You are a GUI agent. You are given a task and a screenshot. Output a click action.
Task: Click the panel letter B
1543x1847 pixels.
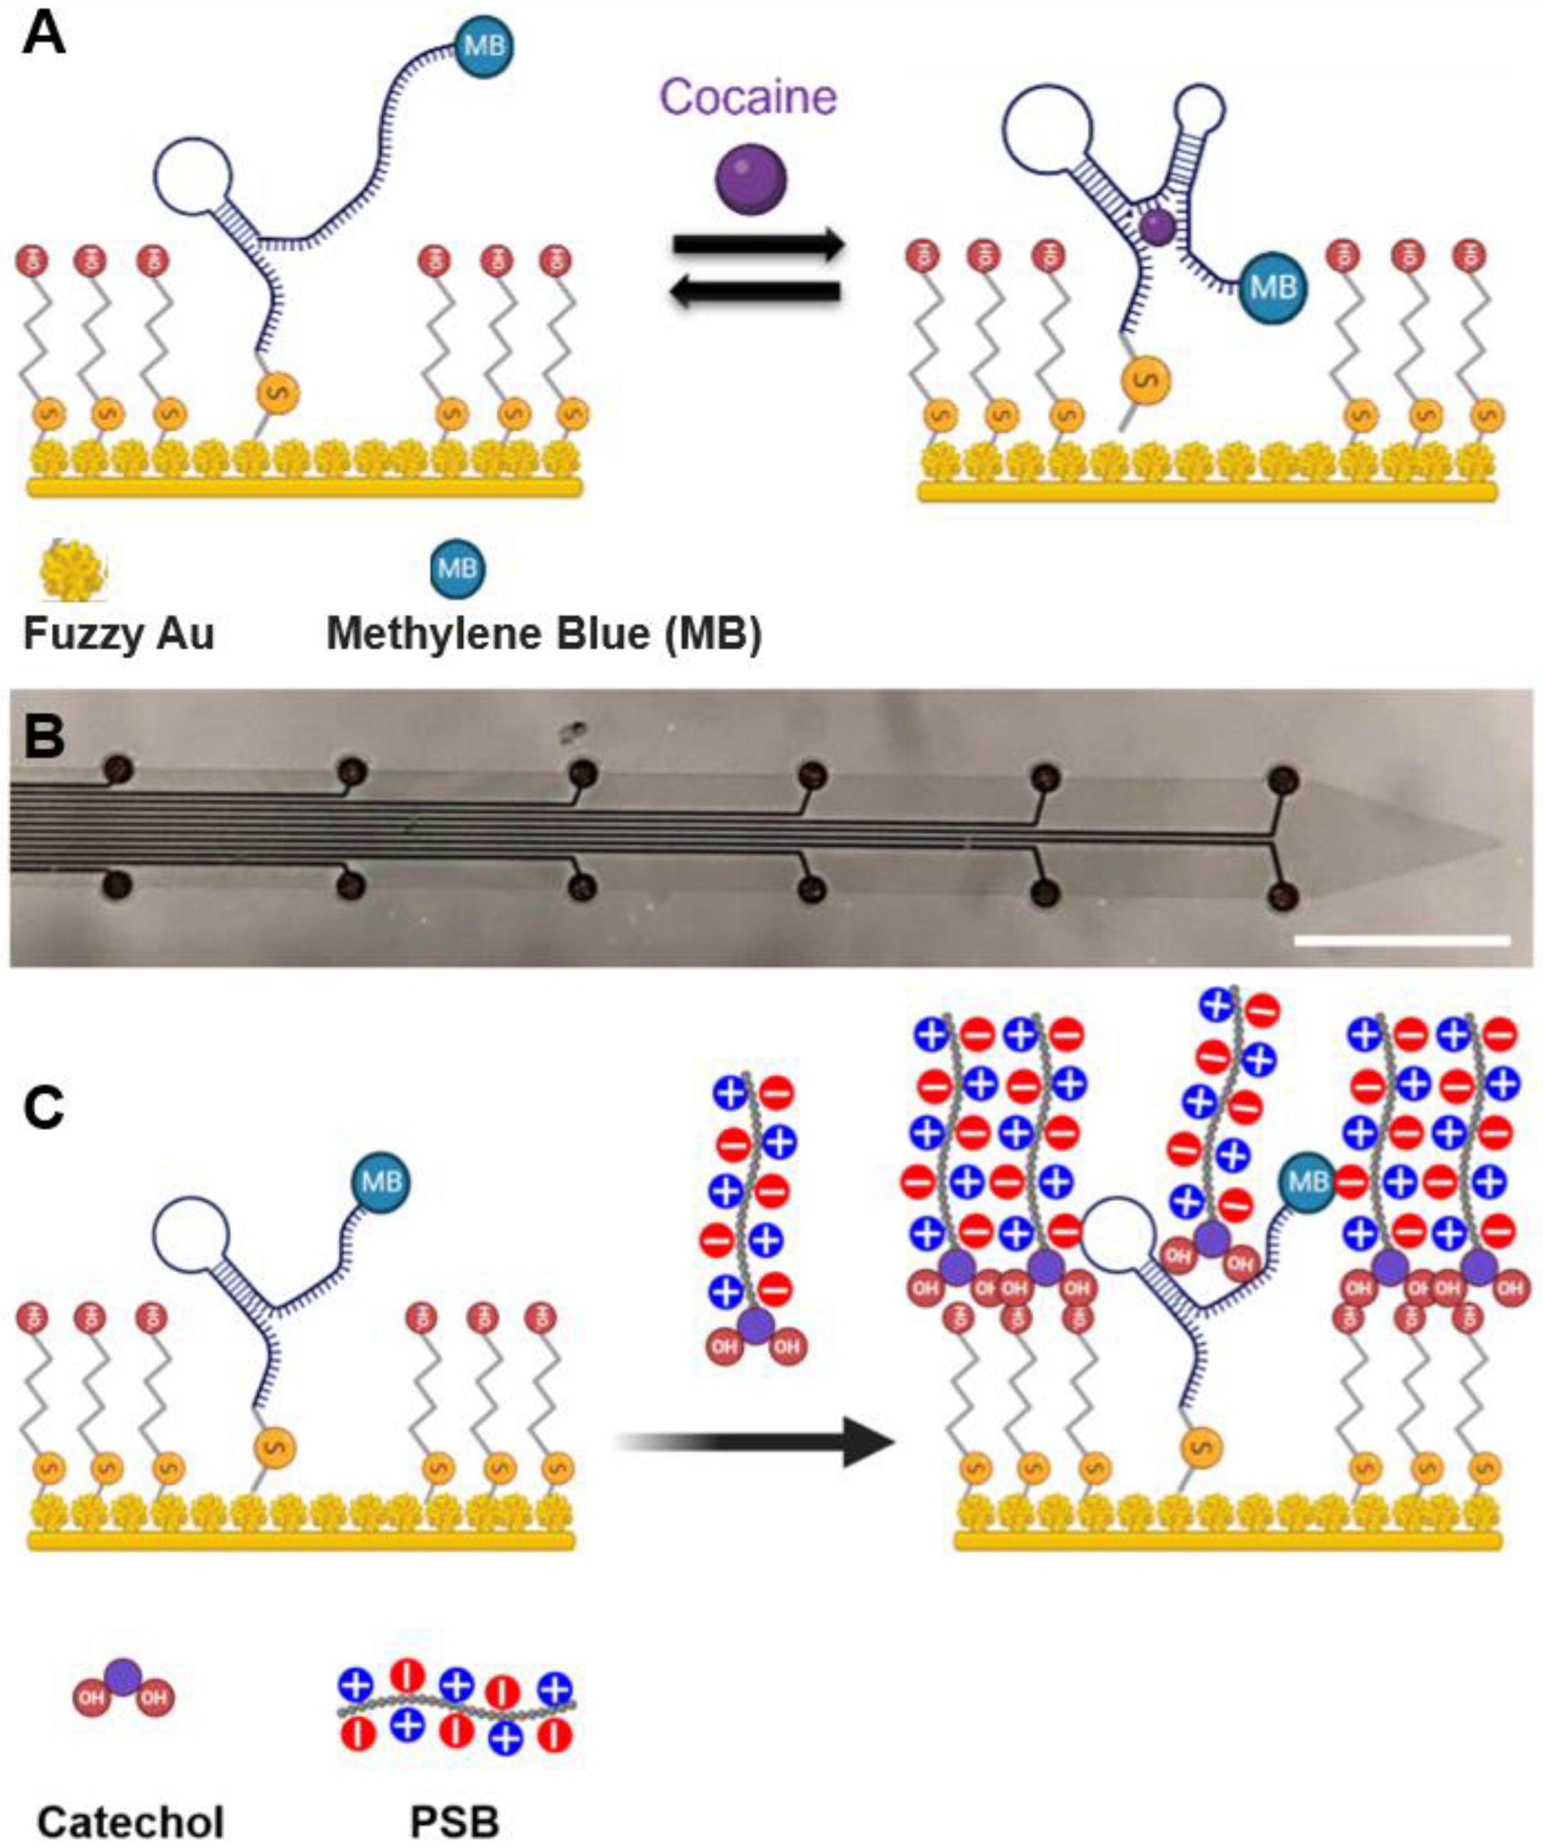(44, 737)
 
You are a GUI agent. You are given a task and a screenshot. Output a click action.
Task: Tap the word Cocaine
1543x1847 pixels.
(748, 97)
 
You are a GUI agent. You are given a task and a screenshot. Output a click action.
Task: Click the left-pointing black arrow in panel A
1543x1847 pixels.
(756, 293)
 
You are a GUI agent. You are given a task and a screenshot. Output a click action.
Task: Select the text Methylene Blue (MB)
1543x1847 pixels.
(543, 633)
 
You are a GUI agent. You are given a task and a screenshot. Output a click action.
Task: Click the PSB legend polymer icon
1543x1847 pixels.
(456, 1706)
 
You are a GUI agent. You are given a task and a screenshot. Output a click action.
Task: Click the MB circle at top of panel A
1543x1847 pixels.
(484, 46)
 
